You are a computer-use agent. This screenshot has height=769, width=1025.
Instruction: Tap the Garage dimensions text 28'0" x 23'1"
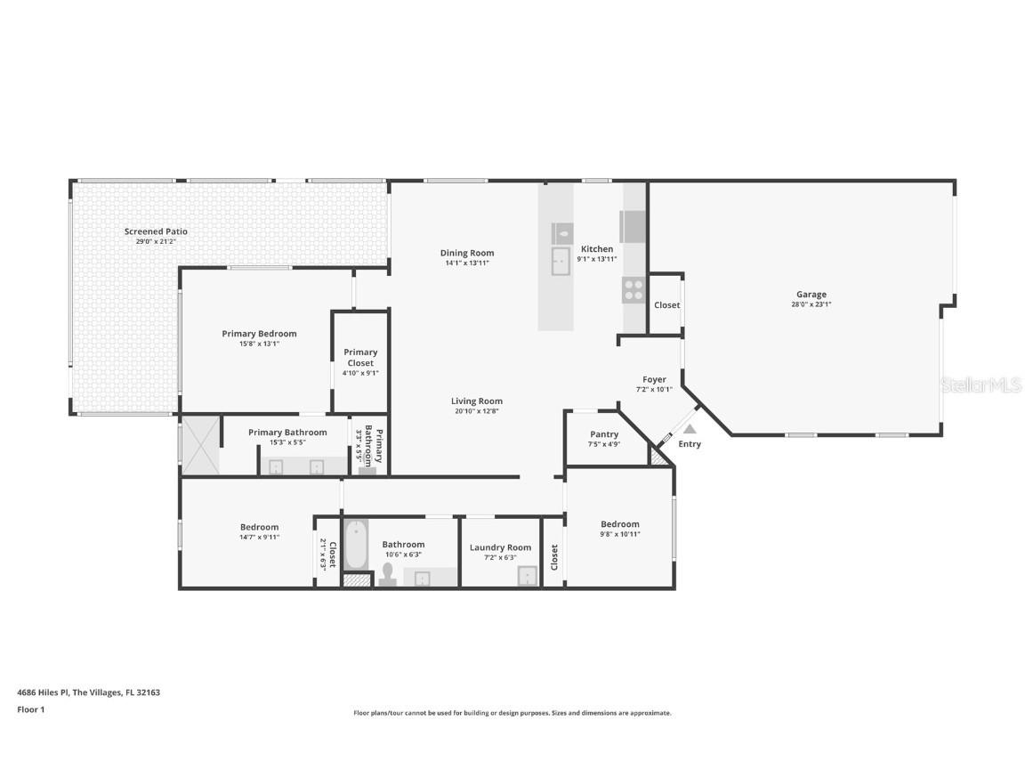(811, 304)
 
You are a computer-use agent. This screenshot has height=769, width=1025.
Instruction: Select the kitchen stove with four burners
(633, 289)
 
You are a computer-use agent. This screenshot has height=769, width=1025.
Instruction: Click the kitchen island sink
(561, 261)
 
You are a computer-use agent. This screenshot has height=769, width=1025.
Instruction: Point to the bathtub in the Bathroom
(356, 545)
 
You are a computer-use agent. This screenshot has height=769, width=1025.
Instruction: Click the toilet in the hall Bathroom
(387, 576)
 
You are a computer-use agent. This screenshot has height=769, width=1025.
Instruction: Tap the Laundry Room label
(500, 547)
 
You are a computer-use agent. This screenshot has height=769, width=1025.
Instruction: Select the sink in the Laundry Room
(528, 576)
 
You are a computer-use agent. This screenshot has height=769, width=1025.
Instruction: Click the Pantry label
(604, 434)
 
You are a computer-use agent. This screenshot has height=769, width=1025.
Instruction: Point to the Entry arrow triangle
(690, 429)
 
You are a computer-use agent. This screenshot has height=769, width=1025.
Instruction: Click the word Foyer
(654, 379)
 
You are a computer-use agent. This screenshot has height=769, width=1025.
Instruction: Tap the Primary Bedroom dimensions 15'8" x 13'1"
(259, 344)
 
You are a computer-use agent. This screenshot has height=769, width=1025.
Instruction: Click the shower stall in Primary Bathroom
(199, 444)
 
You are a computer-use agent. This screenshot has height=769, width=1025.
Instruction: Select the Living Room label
(477, 401)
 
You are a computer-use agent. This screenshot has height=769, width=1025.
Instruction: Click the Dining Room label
(467, 253)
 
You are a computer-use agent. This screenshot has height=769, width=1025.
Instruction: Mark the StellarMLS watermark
(981, 384)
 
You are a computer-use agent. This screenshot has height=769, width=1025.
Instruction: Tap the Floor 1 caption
(30, 709)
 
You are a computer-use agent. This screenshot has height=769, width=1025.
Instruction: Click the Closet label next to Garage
(666, 305)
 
